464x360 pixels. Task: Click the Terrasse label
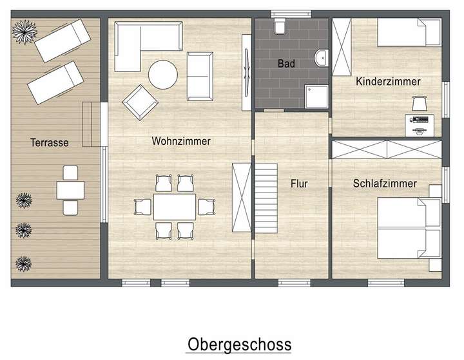tap(50, 142)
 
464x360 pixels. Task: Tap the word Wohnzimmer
tap(181, 141)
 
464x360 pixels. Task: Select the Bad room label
tap(286, 64)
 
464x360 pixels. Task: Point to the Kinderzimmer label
tap(388, 82)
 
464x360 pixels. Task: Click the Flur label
tap(299, 184)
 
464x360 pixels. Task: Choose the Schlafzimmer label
tap(385, 184)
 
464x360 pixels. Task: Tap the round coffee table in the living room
tap(163, 74)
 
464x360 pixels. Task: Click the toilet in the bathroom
tap(280, 27)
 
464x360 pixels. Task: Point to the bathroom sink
tap(321, 60)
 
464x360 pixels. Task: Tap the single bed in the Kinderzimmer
tap(406, 32)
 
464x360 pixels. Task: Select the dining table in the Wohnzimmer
tap(175, 207)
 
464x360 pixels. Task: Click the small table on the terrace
tap(70, 190)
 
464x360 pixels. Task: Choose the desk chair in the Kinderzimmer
tap(420, 102)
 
